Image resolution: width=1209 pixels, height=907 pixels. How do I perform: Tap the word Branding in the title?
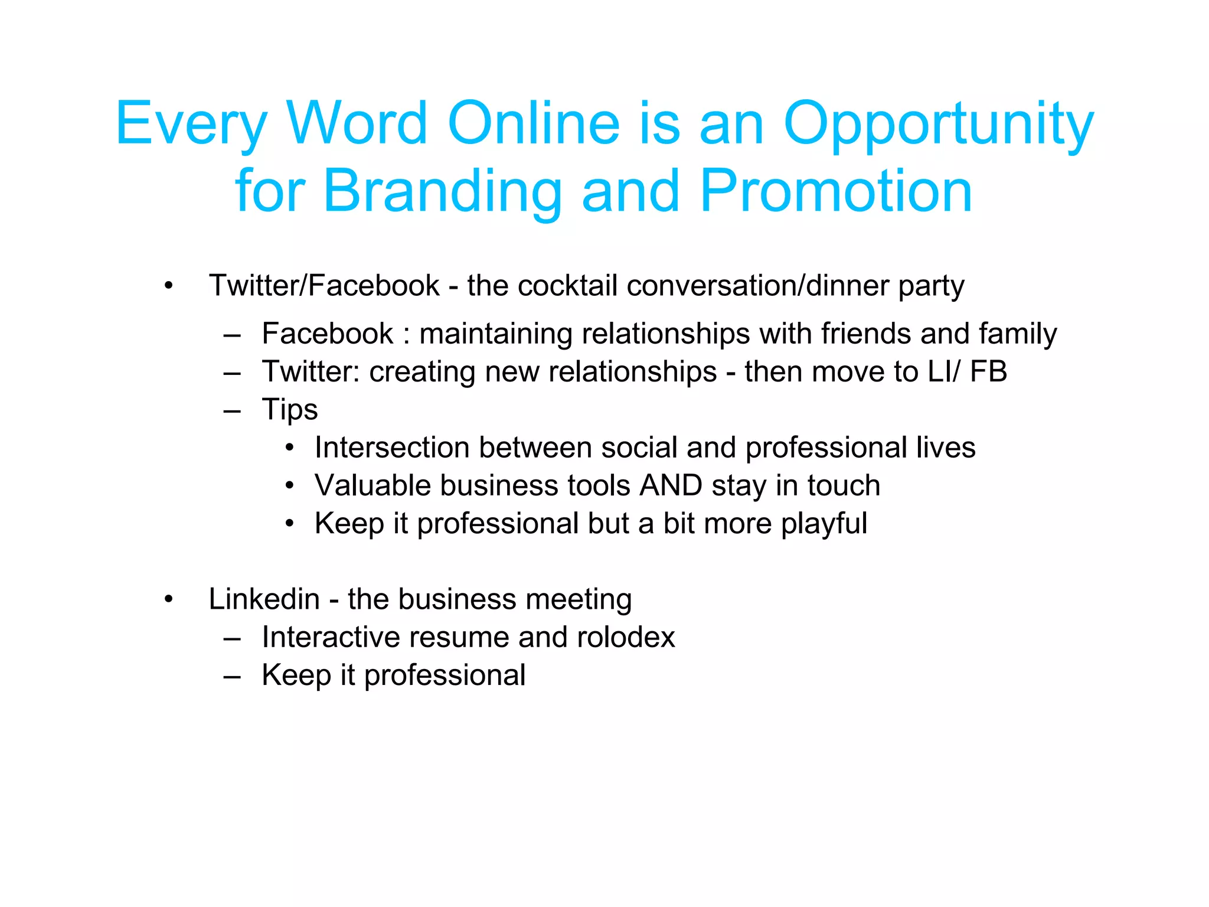point(442,191)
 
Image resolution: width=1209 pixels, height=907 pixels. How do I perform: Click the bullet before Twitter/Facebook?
point(169,286)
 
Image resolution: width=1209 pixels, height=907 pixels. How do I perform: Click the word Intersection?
point(392,448)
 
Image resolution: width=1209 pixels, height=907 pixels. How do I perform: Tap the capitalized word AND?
point(671,485)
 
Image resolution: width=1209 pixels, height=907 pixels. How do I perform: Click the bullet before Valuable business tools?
point(289,486)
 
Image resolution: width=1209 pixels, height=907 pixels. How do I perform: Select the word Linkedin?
point(264,599)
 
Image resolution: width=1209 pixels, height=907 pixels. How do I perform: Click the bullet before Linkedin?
point(169,600)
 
